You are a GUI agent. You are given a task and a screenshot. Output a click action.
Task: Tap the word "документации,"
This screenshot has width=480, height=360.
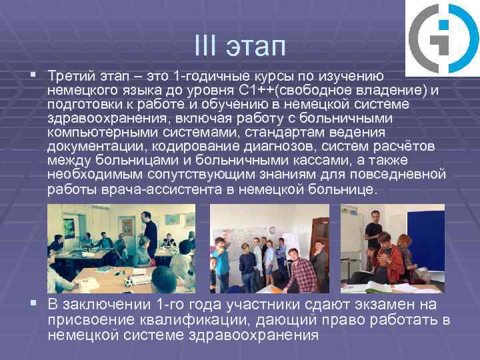point(91,147)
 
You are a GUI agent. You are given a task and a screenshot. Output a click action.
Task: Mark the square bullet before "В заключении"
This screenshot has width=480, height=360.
point(33,304)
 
